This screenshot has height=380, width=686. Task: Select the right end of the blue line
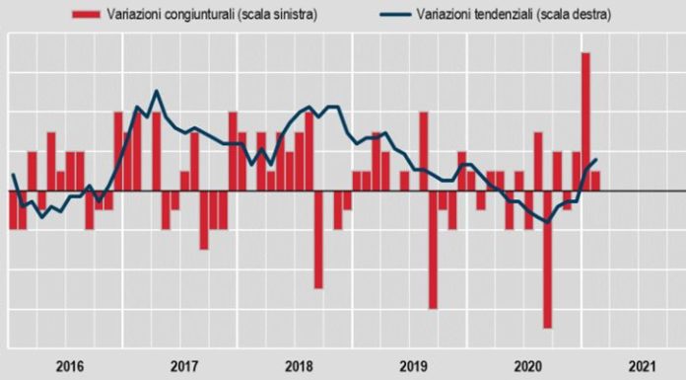pos(595,160)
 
